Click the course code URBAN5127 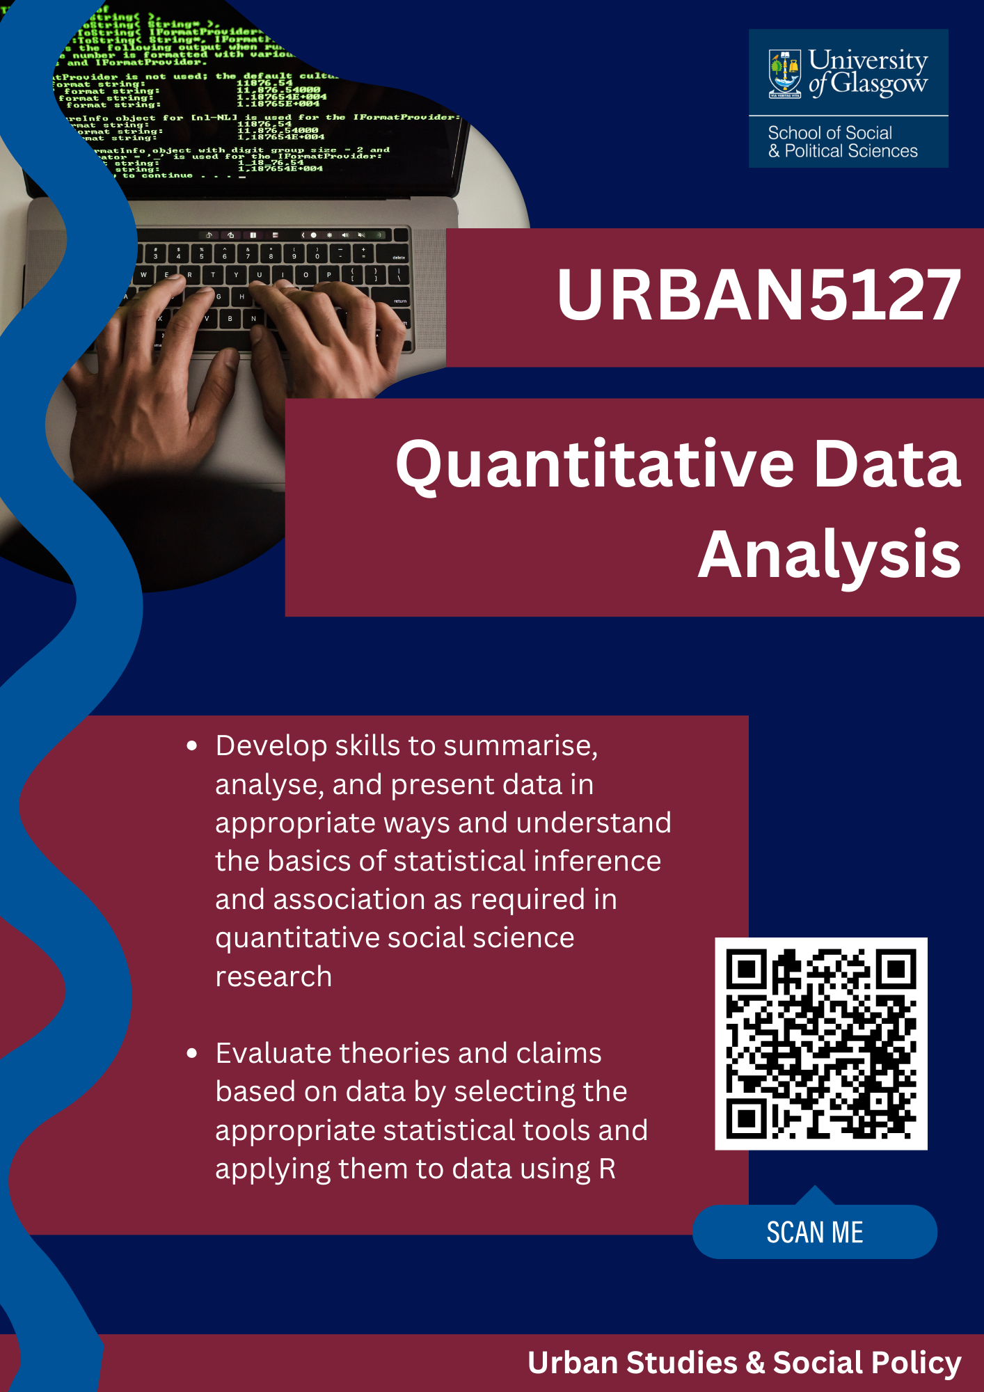tap(759, 296)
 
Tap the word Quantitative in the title tap(595, 465)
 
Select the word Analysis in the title tap(830, 555)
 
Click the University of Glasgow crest tap(785, 74)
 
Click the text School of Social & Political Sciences tap(842, 142)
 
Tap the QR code tap(821, 1043)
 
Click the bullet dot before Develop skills tap(192, 747)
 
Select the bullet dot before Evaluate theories tap(192, 1054)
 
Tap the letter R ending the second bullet tap(607, 1169)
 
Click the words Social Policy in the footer tap(867, 1363)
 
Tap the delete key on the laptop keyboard tap(399, 257)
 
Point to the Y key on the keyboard tap(236, 275)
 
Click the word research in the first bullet tap(273, 977)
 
